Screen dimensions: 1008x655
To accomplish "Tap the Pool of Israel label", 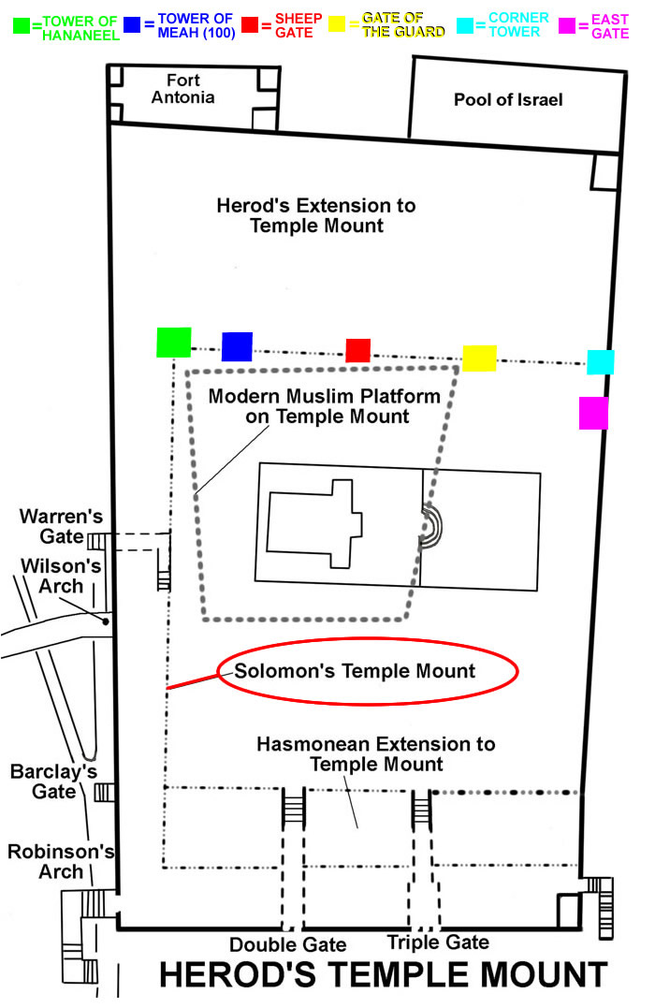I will click(508, 99).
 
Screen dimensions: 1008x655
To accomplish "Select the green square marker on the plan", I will click(174, 343).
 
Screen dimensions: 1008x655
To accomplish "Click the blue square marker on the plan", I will click(237, 346).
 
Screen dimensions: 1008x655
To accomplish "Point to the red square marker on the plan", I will click(357, 350).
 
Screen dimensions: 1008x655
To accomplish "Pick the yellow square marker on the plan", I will click(479, 358).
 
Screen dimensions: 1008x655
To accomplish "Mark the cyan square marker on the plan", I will click(600, 361).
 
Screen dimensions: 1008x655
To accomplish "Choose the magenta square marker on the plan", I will click(593, 413).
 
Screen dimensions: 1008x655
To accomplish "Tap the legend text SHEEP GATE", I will click(298, 25).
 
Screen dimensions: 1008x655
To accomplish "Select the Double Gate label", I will click(287, 944).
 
